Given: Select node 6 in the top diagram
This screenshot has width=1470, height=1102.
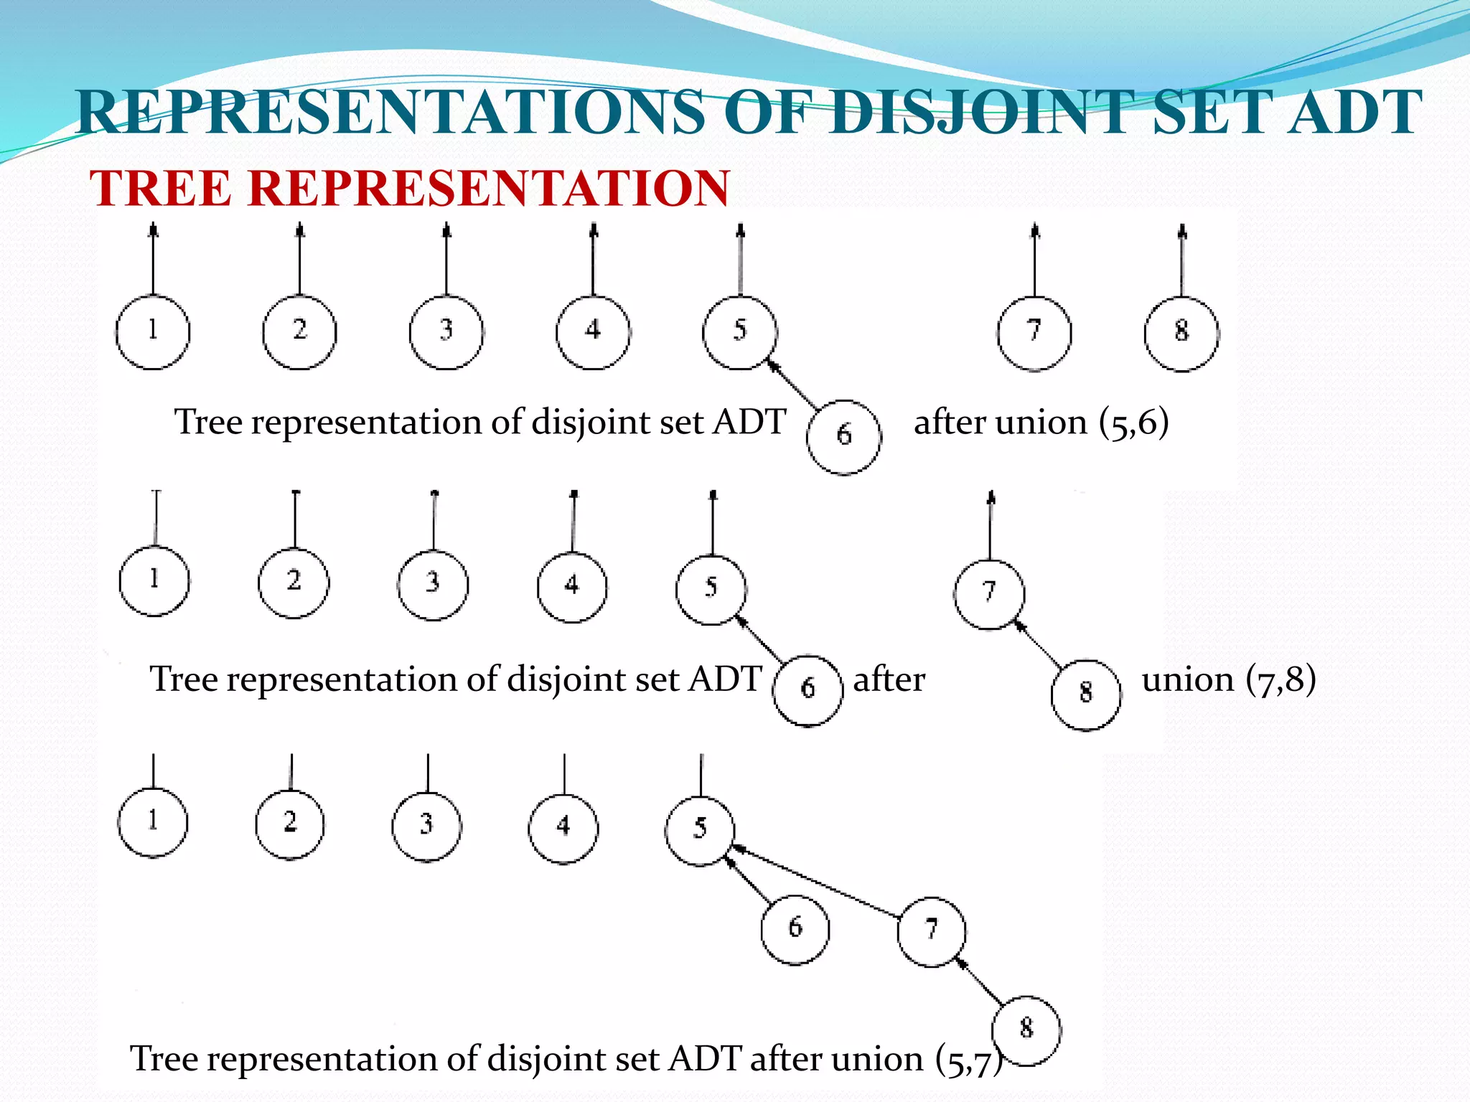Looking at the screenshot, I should click(x=844, y=436).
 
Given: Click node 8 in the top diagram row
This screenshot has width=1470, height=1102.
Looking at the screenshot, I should click(x=1181, y=334).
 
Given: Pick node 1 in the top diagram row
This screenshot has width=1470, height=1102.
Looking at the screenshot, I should click(x=153, y=331).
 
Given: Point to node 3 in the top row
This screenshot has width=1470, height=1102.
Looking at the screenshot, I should click(x=446, y=331).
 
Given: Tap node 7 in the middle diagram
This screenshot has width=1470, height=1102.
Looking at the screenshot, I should click(x=989, y=593).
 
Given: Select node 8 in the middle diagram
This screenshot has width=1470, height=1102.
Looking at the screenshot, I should click(x=1086, y=694).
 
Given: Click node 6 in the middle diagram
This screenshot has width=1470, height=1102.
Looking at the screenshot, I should click(x=807, y=689).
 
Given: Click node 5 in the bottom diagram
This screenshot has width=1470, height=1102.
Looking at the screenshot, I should click(x=700, y=830).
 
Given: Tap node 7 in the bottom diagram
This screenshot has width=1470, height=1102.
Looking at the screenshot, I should click(x=932, y=931).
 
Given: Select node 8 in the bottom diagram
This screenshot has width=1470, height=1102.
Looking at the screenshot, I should click(x=1026, y=1030).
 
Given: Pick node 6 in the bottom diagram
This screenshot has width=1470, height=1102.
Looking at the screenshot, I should click(x=795, y=929).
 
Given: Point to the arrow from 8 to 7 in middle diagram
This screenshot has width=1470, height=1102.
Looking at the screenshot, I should click(x=1038, y=645).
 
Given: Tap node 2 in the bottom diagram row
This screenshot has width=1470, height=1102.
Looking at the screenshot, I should click(x=290, y=824).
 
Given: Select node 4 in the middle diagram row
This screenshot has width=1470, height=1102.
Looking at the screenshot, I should click(x=572, y=587).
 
